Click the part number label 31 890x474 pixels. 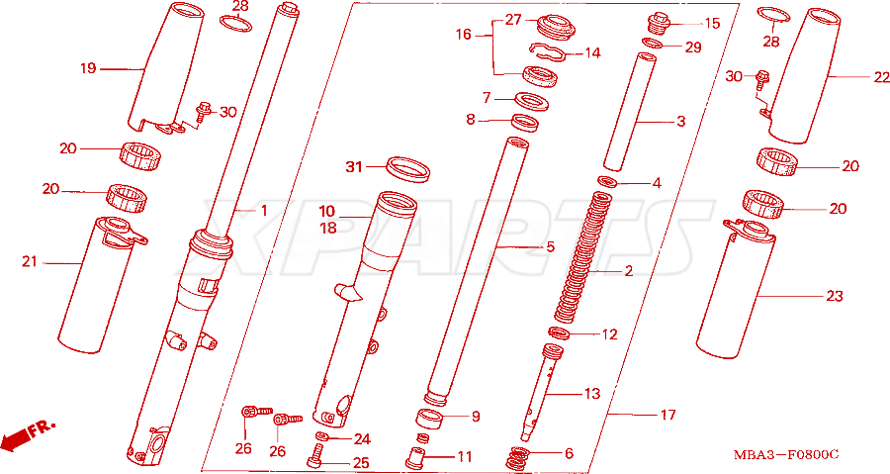(354, 167)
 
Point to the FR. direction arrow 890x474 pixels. (28, 434)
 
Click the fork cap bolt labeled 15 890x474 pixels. (659, 24)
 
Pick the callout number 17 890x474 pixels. (668, 415)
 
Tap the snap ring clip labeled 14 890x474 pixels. (547, 51)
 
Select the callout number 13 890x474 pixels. (592, 394)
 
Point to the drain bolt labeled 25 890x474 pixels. (316, 455)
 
